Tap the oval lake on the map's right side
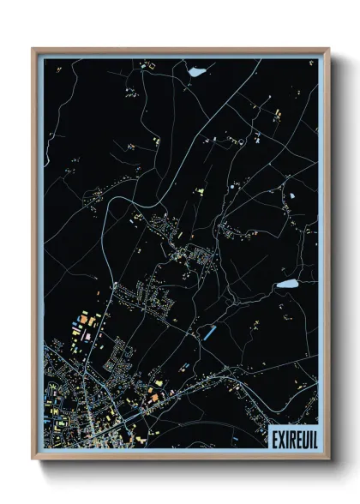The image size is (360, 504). pos(285,283)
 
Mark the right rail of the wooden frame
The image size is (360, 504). pos(327,257)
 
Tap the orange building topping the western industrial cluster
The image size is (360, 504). pos(85,320)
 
